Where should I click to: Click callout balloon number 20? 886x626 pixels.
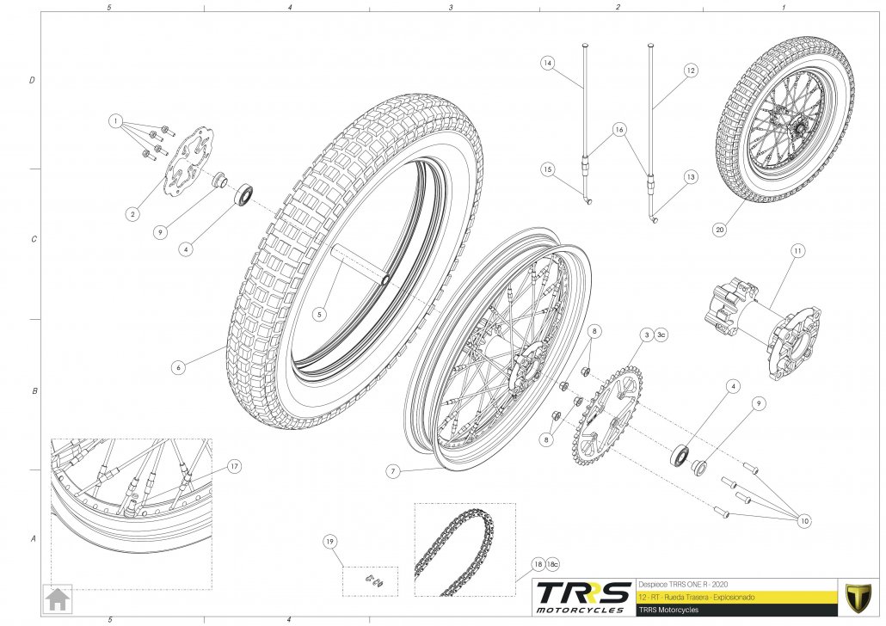pyautogui.click(x=718, y=230)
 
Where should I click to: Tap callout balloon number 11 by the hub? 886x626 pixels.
pyautogui.click(x=797, y=251)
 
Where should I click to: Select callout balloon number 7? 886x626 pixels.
pyautogui.click(x=391, y=471)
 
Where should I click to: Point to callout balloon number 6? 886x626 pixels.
pyautogui.click(x=179, y=367)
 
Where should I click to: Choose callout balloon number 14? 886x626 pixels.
pyautogui.click(x=547, y=62)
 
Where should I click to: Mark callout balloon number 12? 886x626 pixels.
pyautogui.click(x=690, y=71)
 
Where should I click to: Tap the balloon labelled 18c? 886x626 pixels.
pyautogui.click(x=553, y=564)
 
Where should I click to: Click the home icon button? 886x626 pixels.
pyautogui.click(x=58, y=598)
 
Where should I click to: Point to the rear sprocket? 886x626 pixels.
pyautogui.click(x=608, y=414)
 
